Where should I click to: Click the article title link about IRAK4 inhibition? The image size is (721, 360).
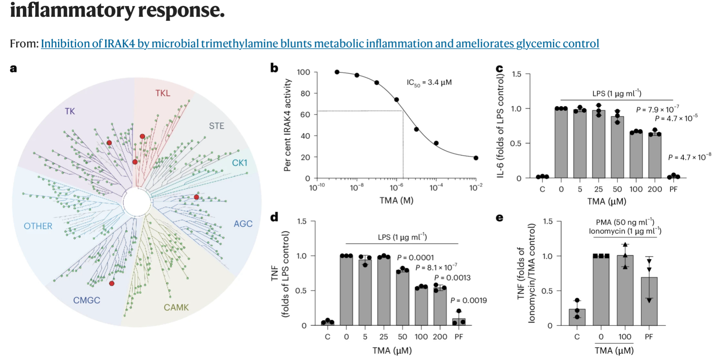[x=320, y=44]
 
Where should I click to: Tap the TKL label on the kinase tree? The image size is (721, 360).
[x=163, y=93]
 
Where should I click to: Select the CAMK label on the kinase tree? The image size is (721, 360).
[x=176, y=307]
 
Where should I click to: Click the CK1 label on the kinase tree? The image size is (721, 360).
[x=240, y=163]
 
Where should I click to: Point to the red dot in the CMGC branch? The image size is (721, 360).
[x=112, y=284]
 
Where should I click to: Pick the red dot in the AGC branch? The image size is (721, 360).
[x=196, y=197]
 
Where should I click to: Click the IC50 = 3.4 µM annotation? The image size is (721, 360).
[x=429, y=83]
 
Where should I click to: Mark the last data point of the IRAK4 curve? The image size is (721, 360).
[x=476, y=158]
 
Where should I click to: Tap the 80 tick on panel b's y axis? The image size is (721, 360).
[x=305, y=94]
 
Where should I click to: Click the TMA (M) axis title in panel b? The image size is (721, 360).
[x=396, y=200]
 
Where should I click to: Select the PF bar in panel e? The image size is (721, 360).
[x=649, y=301]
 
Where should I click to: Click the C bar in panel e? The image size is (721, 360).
[x=577, y=317]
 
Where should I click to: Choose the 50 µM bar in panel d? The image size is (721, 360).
[x=402, y=298]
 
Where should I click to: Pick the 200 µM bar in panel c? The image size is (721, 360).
[x=655, y=156]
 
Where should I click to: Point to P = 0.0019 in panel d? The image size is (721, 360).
[x=468, y=300]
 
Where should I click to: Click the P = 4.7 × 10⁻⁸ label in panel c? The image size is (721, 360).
[x=689, y=157]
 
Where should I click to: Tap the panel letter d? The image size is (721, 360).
[x=274, y=217]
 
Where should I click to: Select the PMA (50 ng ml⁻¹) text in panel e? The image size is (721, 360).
[x=625, y=222]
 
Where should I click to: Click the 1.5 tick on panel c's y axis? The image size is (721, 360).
[x=516, y=74]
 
